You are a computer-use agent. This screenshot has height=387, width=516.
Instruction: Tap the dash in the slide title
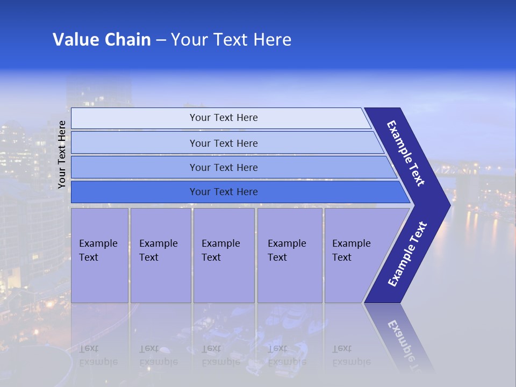(x=161, y=40)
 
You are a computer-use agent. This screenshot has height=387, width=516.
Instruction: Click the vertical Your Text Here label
(x=62, y=155)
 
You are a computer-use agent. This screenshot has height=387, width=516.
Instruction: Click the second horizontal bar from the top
(x=224, y=143)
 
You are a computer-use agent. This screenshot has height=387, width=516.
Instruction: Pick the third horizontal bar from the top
(x=224, y=167)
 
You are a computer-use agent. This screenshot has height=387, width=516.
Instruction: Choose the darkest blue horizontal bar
(x=224, y=192)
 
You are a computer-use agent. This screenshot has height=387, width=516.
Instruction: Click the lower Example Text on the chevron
(x=407, y=254)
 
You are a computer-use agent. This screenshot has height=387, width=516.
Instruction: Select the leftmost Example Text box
(x=99, y=255)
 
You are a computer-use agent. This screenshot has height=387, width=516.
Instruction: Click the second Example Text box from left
(x=160, y=255)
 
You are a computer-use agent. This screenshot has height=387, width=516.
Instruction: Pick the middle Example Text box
(x=224, y=255)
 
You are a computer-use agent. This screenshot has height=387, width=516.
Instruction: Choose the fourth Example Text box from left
(x=289, y=255)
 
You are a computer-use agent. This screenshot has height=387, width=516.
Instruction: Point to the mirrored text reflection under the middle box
(x=220, y=355)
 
